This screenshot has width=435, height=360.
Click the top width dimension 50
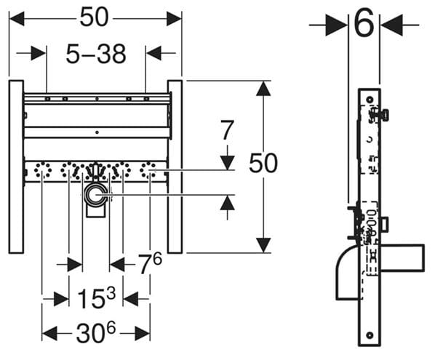point(94,17)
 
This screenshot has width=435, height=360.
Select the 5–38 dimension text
point(96,54)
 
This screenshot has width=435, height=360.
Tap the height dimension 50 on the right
point(263,163)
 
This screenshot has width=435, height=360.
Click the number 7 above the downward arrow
point(227,129)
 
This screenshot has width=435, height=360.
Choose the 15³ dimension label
point(96,298)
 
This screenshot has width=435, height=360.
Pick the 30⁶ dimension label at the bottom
point(96,333)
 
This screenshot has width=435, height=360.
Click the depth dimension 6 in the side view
point(364,23)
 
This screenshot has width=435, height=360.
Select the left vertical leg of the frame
point(16,167)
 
